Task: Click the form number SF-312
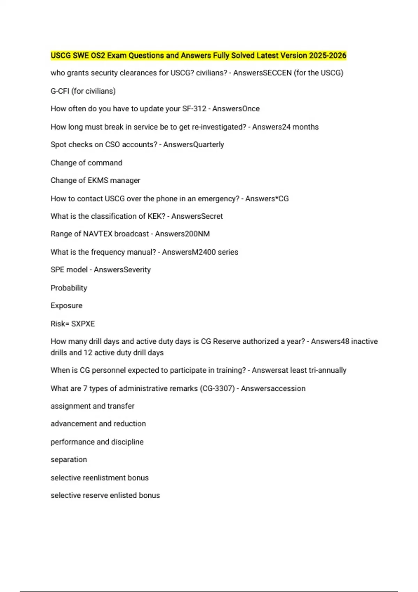(194, 109)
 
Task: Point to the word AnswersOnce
(236, 109)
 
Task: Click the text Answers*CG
(267, 199)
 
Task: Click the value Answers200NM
(182, 234)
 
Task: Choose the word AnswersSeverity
(122, 270)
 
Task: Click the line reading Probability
(69, 288)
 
